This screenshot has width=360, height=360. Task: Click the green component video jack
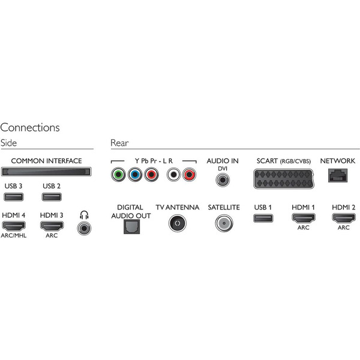point(118,176)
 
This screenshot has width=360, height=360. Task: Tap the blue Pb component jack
point(135,176)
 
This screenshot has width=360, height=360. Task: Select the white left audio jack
point(174,176)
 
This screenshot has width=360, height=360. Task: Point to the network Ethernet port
point(337,176)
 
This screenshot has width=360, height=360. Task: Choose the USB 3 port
point(12,198)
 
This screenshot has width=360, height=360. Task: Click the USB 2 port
point(52,198)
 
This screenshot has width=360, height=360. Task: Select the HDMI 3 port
point(52,227)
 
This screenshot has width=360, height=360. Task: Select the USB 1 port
point(262,218)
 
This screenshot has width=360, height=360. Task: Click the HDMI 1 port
point(303,218)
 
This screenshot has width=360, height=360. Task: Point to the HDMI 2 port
point(343,218)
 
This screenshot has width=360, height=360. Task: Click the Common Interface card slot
point(46,172)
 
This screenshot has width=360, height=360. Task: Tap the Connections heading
point(30,127)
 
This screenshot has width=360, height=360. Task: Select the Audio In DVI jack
point(223,178)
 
